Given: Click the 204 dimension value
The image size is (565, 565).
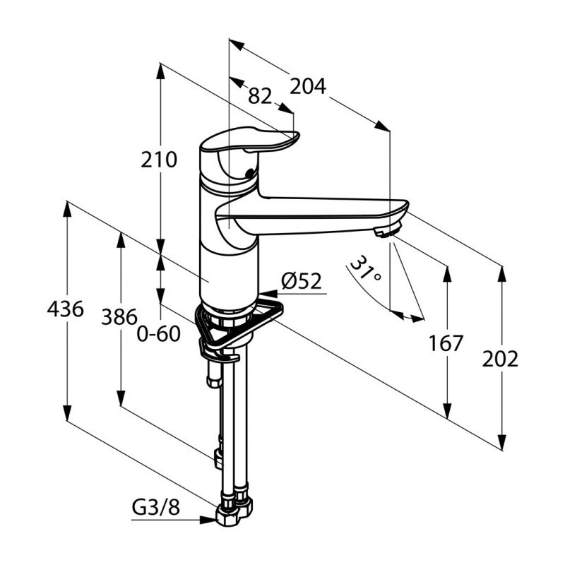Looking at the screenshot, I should (x=308, y=85).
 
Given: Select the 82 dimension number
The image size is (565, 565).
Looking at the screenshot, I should (x=260, y=96).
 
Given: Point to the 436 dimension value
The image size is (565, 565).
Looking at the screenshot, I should (x=65, y=309).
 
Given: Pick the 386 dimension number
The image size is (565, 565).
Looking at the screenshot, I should (x=118, y=316).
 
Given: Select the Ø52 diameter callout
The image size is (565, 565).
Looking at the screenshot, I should (x=301, y=281).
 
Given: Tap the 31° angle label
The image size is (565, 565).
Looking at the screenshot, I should (x=365, y=269).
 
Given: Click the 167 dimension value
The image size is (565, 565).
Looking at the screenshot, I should (x=446, y=343).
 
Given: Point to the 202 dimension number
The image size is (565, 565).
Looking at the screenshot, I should (x=501, y=359).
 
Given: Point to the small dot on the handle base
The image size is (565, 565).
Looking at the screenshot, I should (x=248, y=174).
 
